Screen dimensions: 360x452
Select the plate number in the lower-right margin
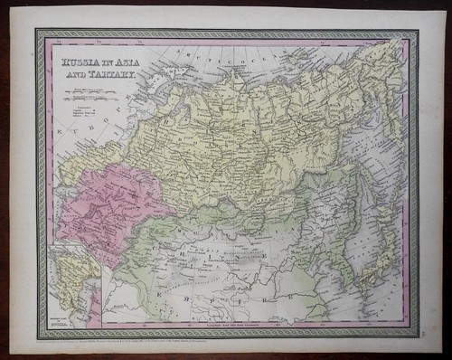coord(426,336)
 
